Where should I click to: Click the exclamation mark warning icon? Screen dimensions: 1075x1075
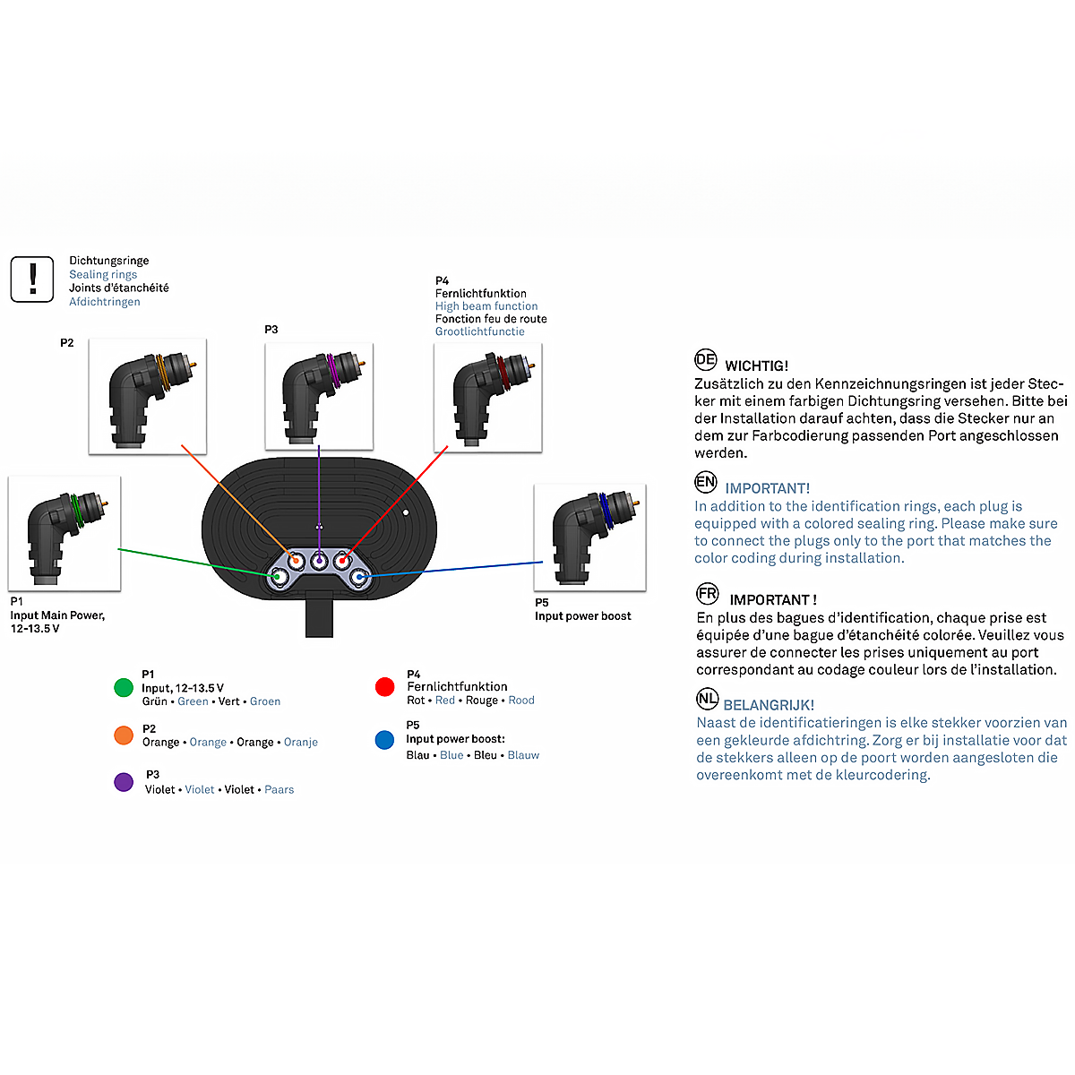click(x=32, y=279)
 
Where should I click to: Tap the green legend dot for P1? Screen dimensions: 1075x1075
click(x=124, y=687)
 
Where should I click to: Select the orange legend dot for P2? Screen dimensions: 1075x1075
click(x=124, y=735)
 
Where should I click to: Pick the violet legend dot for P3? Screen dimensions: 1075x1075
click(x=124, y=782)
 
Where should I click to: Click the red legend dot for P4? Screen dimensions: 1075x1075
click(x=384, y=687)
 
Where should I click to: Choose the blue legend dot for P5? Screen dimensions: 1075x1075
click(x=384, y=740)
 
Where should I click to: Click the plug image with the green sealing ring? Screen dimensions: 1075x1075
click(x=64, y=533)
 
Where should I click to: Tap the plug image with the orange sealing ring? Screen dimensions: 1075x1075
click(x=147, y=396)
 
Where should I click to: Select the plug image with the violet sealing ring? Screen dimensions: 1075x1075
click(x=319, y=396)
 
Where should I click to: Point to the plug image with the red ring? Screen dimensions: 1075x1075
click(x=487, y=397)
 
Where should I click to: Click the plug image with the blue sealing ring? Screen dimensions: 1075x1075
click(x=589, y=537)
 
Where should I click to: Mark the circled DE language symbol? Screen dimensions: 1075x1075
click(x=705, y=359)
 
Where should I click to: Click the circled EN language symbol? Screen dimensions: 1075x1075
click(x=705, y=481)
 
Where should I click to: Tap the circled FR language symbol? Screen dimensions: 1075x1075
click(x=708, y=593)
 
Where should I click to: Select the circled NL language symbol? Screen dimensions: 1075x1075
click(x=707, y=698)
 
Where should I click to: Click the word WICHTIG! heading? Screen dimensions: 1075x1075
click(x=756, y=366)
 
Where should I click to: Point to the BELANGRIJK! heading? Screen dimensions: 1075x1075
click(x=769, y=705)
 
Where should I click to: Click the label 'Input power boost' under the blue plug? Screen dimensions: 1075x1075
click(x=582, y=615)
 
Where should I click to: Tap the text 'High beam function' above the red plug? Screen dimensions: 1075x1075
click(x=486, y=306)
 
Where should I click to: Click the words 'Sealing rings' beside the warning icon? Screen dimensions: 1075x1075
click(x=103, y=274)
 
